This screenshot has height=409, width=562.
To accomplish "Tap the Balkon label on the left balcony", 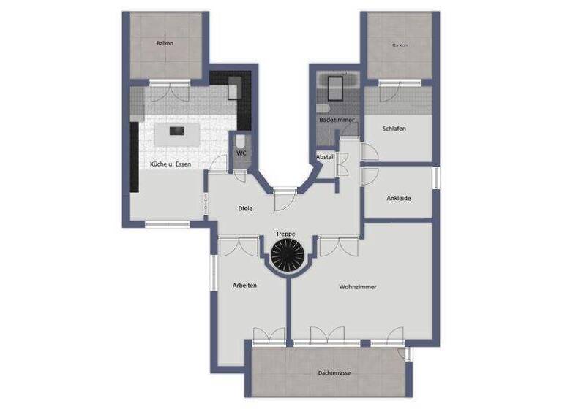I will point(165,44).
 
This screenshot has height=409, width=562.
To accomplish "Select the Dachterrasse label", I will point(334,373).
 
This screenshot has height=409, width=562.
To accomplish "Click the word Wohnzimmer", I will point(358,287).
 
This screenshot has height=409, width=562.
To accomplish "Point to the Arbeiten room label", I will point(245,285).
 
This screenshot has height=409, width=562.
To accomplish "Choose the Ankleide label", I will point(399,197).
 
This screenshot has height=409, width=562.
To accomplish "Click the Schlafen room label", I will point(394,129).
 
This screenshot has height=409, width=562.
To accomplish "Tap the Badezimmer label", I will point(337,119).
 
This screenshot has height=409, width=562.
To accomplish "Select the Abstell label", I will point(325,157).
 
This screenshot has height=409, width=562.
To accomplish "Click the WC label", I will point(241,153).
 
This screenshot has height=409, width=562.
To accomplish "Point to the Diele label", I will point(246,208).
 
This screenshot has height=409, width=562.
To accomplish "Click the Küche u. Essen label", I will point(171,164).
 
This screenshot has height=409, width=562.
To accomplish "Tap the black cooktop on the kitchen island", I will point(176,131).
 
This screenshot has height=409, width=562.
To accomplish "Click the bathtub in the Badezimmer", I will point(338,89).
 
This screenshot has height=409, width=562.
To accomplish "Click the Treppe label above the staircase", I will point(285,234).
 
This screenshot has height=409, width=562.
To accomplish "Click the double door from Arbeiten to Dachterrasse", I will point(269,336).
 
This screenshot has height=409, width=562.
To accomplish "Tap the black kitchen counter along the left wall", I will point(134,156).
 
